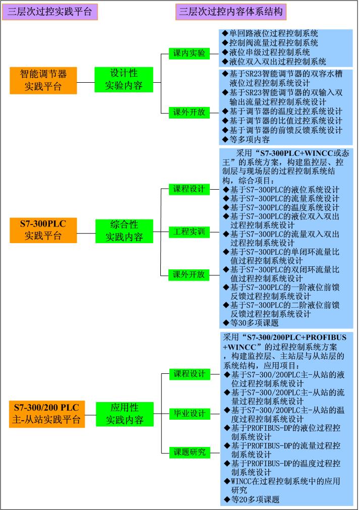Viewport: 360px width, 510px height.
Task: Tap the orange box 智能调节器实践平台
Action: point(43,80)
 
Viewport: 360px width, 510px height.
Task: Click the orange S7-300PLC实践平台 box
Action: point(43,229)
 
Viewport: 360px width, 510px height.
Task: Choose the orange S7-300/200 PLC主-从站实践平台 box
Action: point(47,413)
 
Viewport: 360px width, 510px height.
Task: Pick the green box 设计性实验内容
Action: point(124,80)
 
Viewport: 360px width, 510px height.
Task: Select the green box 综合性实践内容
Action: point(124,230)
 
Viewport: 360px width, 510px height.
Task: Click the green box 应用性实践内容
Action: point(125,413)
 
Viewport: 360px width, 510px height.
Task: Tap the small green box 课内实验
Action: point(189,53)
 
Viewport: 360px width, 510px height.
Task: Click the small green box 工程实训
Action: point(189,232)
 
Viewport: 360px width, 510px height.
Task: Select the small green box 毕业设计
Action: point(190,414)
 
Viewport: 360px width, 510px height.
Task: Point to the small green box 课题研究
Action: point(190,452)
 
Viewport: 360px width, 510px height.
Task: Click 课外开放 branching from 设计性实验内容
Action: point(189,112)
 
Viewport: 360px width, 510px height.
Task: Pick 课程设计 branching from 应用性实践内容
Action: point(190,374)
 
